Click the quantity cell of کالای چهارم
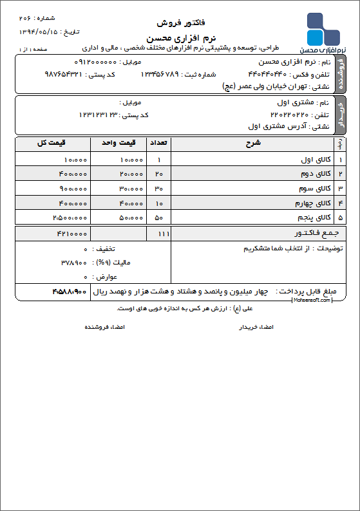pos(159,203)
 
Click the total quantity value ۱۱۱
pos(159,233)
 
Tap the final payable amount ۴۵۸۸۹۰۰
pos(69,292)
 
